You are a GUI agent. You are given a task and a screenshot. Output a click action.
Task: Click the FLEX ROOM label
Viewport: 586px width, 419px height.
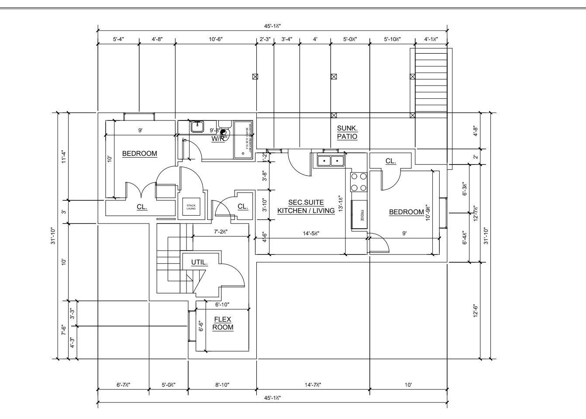click(x=223, y=323)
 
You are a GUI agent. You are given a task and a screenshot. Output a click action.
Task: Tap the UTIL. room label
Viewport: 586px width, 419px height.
click(x=199, y=262)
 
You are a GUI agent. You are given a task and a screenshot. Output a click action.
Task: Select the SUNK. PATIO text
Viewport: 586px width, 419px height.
click(x=347, y=132)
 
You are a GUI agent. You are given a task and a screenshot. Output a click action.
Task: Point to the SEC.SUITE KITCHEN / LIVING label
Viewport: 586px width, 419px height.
click(x=306, y=206)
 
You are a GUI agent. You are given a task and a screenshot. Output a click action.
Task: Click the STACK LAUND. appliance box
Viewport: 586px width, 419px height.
click(x=191, y=207)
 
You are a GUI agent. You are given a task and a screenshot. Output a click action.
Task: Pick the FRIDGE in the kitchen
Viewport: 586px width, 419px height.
click(x=360, y=214)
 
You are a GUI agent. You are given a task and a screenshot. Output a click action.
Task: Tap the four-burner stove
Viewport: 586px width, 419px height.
click(x=358, y=182)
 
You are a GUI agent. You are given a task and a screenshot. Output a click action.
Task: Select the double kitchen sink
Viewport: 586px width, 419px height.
click(x=331, y=161)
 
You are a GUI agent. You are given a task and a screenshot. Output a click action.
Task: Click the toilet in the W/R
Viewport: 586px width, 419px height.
click(x=224, y=133)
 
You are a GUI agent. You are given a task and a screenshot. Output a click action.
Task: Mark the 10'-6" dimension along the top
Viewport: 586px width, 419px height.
click(x=216, y=39)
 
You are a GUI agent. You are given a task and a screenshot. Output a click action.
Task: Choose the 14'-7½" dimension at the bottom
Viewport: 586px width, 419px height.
click(x=313, y=385)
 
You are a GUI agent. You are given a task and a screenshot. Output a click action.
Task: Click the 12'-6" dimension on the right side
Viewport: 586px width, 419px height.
click(x=476, y=311)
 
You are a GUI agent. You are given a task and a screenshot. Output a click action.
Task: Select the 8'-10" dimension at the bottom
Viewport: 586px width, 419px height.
click(x=222, y=385)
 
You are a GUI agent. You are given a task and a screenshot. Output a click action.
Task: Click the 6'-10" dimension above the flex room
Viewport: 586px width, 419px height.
click(x=222, y=304)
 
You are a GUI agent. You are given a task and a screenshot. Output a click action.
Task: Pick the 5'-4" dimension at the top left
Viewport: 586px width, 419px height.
click(x=118, y=39)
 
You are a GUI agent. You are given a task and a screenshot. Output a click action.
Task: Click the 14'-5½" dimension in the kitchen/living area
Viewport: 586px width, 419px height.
click(x=311, y=234)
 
